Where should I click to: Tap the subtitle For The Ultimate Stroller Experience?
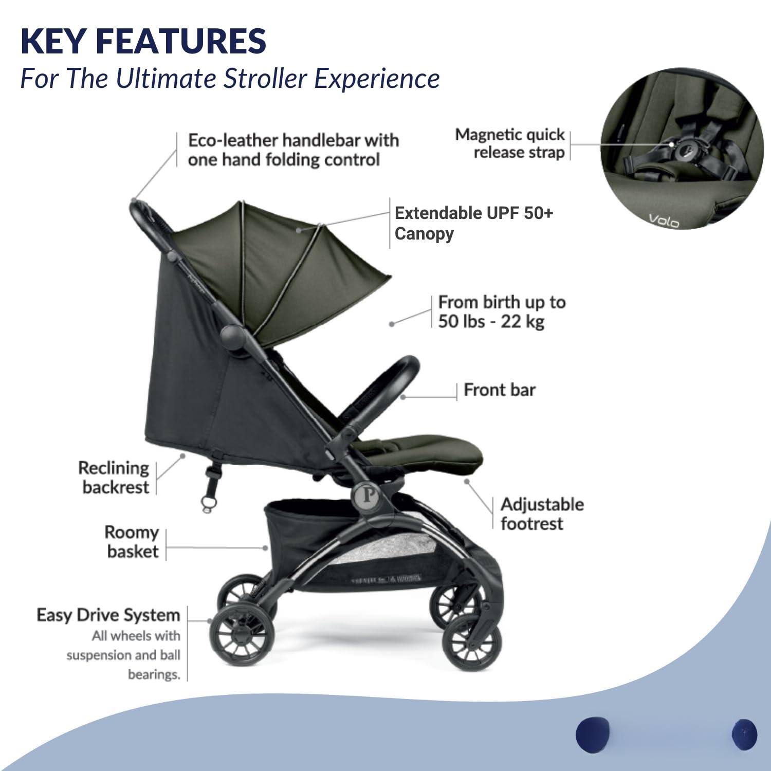click(230, 79)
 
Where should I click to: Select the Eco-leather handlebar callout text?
click(293, 150)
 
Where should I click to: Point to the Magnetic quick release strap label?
click(510, 143)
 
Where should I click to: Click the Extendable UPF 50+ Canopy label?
click(473, 223)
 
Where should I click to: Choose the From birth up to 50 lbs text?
click(501, 311)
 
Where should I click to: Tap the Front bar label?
click(499, 390)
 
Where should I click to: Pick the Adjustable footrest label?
click(542, 514)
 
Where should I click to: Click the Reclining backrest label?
click(114, 478)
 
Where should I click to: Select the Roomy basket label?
click(132, 542)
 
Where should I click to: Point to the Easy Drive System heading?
click(108, 615)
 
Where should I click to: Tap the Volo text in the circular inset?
click(664, 221)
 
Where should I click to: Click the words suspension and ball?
click(123, 655)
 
